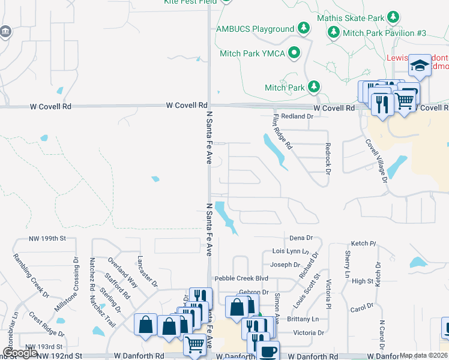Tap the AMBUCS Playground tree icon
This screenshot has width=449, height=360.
(x=304, y=29)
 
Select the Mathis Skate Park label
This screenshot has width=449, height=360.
(x=351, y=18)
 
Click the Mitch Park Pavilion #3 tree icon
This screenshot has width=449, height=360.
(x=334, y=32)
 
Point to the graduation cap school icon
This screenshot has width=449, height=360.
(x=420, y=65)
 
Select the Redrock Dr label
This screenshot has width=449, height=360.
(x=328, y=159)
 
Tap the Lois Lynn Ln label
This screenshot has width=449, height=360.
(x=290, y=251)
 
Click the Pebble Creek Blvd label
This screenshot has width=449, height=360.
(x=241, y=279)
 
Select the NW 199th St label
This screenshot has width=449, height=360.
(x=47, y=239)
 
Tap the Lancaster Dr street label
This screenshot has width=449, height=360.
(x=147, y=271)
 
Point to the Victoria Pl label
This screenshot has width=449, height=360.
(x=328, y=293)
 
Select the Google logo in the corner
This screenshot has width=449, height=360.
(x=20, y=353)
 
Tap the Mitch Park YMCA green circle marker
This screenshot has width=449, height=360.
(x=294, y=53)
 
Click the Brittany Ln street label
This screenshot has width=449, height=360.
(x=306, y=319)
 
